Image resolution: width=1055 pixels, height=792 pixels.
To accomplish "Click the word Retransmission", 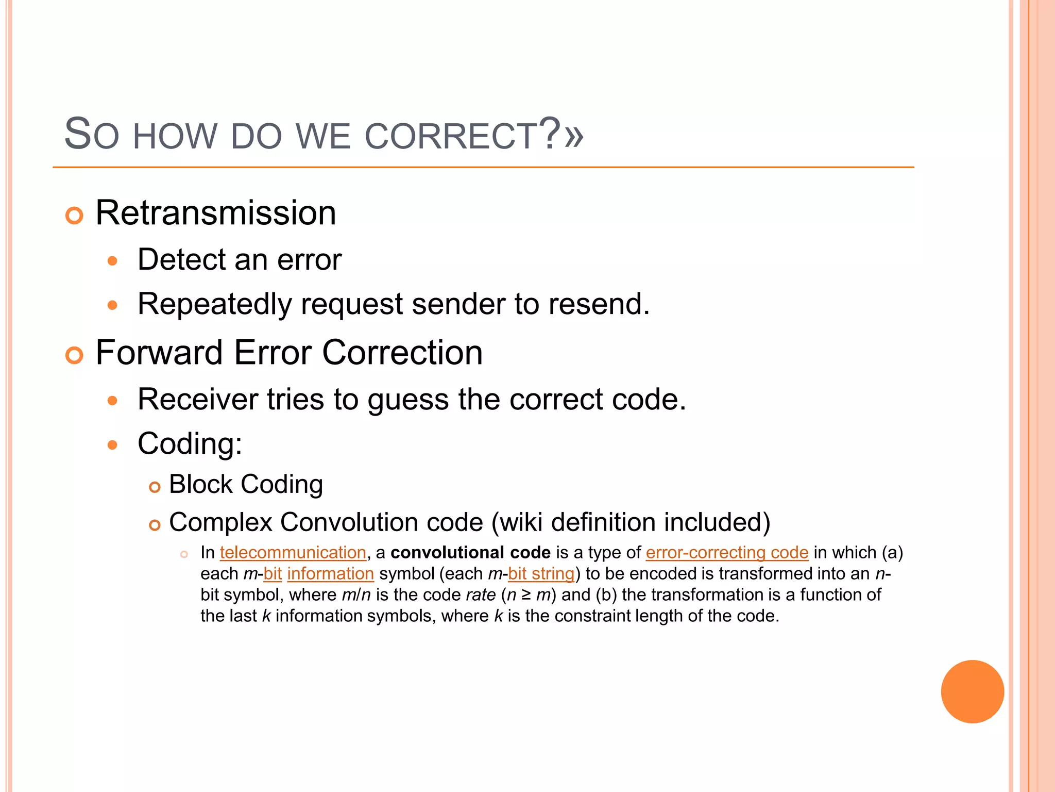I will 216,213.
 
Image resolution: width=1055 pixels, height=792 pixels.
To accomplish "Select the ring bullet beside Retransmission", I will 75,215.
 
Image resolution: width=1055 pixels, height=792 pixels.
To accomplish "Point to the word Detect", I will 181,259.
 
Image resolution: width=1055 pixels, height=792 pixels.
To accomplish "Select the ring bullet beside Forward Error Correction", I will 75,355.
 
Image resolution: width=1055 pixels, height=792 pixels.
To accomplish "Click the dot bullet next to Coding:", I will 113,445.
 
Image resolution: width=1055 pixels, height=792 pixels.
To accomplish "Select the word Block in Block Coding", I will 201,485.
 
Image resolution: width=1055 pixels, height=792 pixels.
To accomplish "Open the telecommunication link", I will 293,553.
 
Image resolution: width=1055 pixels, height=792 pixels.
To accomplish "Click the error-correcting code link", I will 727,553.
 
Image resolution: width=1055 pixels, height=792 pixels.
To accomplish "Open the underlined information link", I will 330,574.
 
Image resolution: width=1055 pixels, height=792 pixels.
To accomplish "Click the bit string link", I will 541,574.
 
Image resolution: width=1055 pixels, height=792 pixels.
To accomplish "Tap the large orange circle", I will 972,691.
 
